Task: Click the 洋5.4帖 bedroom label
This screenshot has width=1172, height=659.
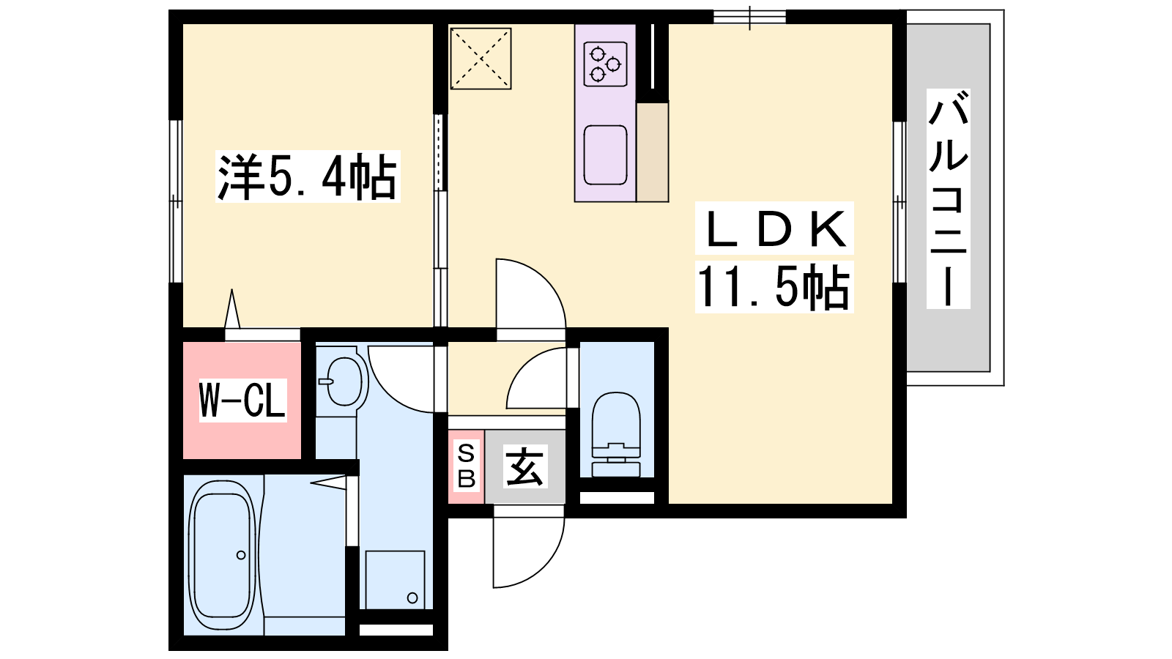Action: (x=308, y=176)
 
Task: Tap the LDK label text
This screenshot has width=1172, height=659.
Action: (x=774, y=228)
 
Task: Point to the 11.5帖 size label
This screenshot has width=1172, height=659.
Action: (x=774, y=286)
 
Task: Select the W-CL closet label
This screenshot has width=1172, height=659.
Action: (x=242, y=400)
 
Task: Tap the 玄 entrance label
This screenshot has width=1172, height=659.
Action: (x=524, y=466)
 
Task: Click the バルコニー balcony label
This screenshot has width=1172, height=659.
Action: (x=948, y=198)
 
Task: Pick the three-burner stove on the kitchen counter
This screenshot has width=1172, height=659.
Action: (x=605, y=64)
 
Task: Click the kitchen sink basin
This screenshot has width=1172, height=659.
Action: (x=605, y=154)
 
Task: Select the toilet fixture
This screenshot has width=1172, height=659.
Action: (x=616, y=434)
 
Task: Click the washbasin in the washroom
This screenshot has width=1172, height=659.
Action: (x=343, y=381)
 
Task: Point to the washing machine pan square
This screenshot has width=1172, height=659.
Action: (x=395, y=579)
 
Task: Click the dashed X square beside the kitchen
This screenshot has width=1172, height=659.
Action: (x=481, y=59)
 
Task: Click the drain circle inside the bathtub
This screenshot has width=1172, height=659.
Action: (x=241, y=555)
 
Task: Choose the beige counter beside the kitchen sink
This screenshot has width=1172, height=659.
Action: (x=653, y=152)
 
